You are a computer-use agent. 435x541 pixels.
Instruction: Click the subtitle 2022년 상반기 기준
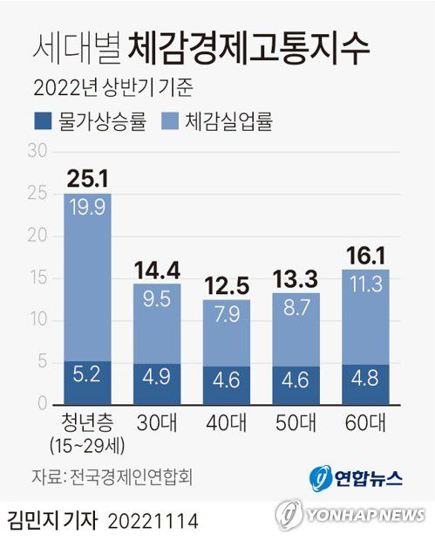tap(112, 88)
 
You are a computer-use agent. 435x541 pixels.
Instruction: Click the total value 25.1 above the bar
tap(87, 179)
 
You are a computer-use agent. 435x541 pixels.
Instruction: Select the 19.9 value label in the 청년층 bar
tap(87, 207)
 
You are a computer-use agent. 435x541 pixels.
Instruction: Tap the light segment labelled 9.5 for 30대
tap(157, 298)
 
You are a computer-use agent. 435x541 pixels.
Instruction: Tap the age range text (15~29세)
tap(87, 445)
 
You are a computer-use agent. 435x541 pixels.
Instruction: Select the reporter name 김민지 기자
tap(52, 521)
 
